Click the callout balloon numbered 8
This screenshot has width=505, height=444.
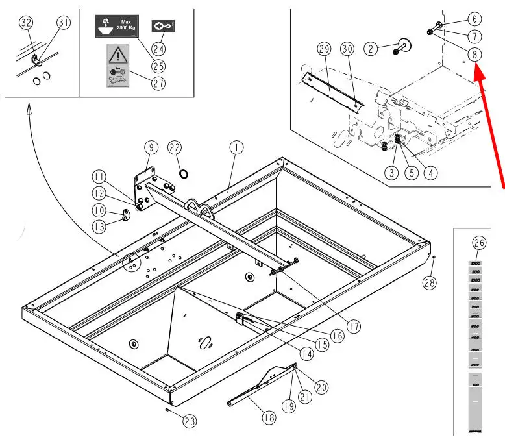point(476,55)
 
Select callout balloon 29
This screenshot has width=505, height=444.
point(324,49)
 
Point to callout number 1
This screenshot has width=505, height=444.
point(236,148)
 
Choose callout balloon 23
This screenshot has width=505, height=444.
point(189,421)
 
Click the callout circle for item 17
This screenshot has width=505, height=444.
point(353,327)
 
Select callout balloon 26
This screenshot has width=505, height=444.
point(479,243)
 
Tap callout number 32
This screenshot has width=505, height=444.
point(26,22)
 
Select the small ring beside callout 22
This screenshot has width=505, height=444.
point(184,173)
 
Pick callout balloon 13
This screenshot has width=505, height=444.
point(99,227)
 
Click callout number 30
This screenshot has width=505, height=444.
point(347,49)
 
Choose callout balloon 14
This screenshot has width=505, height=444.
point(306,354)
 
